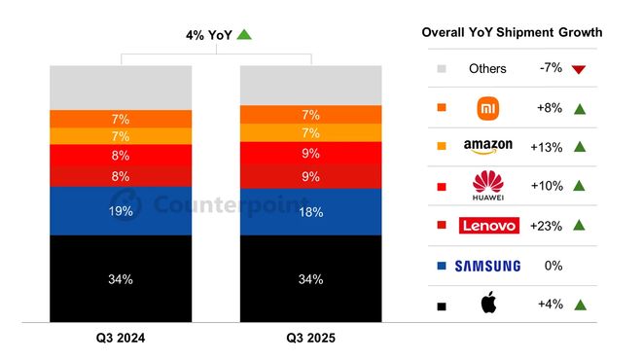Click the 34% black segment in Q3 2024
tap(121, 278)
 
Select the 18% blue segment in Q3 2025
tap(311, 211)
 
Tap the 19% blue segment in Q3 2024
tap(121, 210)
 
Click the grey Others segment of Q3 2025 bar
tap(311, 85)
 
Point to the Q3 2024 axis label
tap(121, 339)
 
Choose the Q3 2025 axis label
tap(311, 339)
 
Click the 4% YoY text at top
tap(208, 35)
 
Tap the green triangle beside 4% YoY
tap(244, 35)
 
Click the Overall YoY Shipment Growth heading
tap(512, 32)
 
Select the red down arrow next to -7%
tap(578, 69)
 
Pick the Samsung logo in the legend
tap(487, 266)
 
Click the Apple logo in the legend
tap(487, 305)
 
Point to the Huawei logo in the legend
tap(487, 185)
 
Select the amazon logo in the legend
tap(487, 147)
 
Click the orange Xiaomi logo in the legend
tap(487, 107)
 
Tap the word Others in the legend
tap(487, 69)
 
